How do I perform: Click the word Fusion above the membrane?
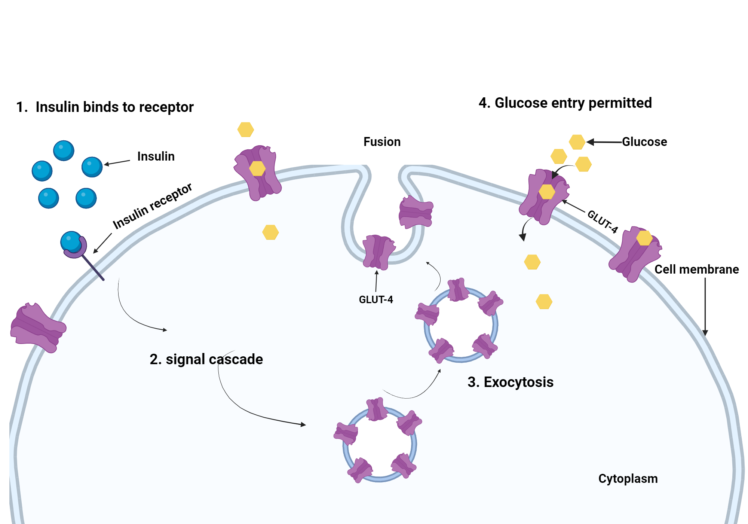382,142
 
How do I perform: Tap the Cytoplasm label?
628,479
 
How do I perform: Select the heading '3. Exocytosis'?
510,382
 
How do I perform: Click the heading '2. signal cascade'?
206,359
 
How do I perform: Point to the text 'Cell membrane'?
696,269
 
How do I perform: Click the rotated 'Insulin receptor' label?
153,206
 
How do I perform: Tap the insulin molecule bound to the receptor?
71,241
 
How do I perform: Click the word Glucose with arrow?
644,142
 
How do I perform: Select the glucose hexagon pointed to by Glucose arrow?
577,142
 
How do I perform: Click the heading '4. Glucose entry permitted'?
565,103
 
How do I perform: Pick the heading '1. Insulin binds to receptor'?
105,107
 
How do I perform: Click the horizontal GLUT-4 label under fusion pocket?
375,300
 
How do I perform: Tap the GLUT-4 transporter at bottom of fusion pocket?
378,252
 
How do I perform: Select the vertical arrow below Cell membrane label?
705,307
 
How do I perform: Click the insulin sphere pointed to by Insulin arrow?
92,167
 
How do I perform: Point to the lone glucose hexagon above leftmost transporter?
246,130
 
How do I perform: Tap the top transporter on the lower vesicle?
376,409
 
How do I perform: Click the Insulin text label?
156,156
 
